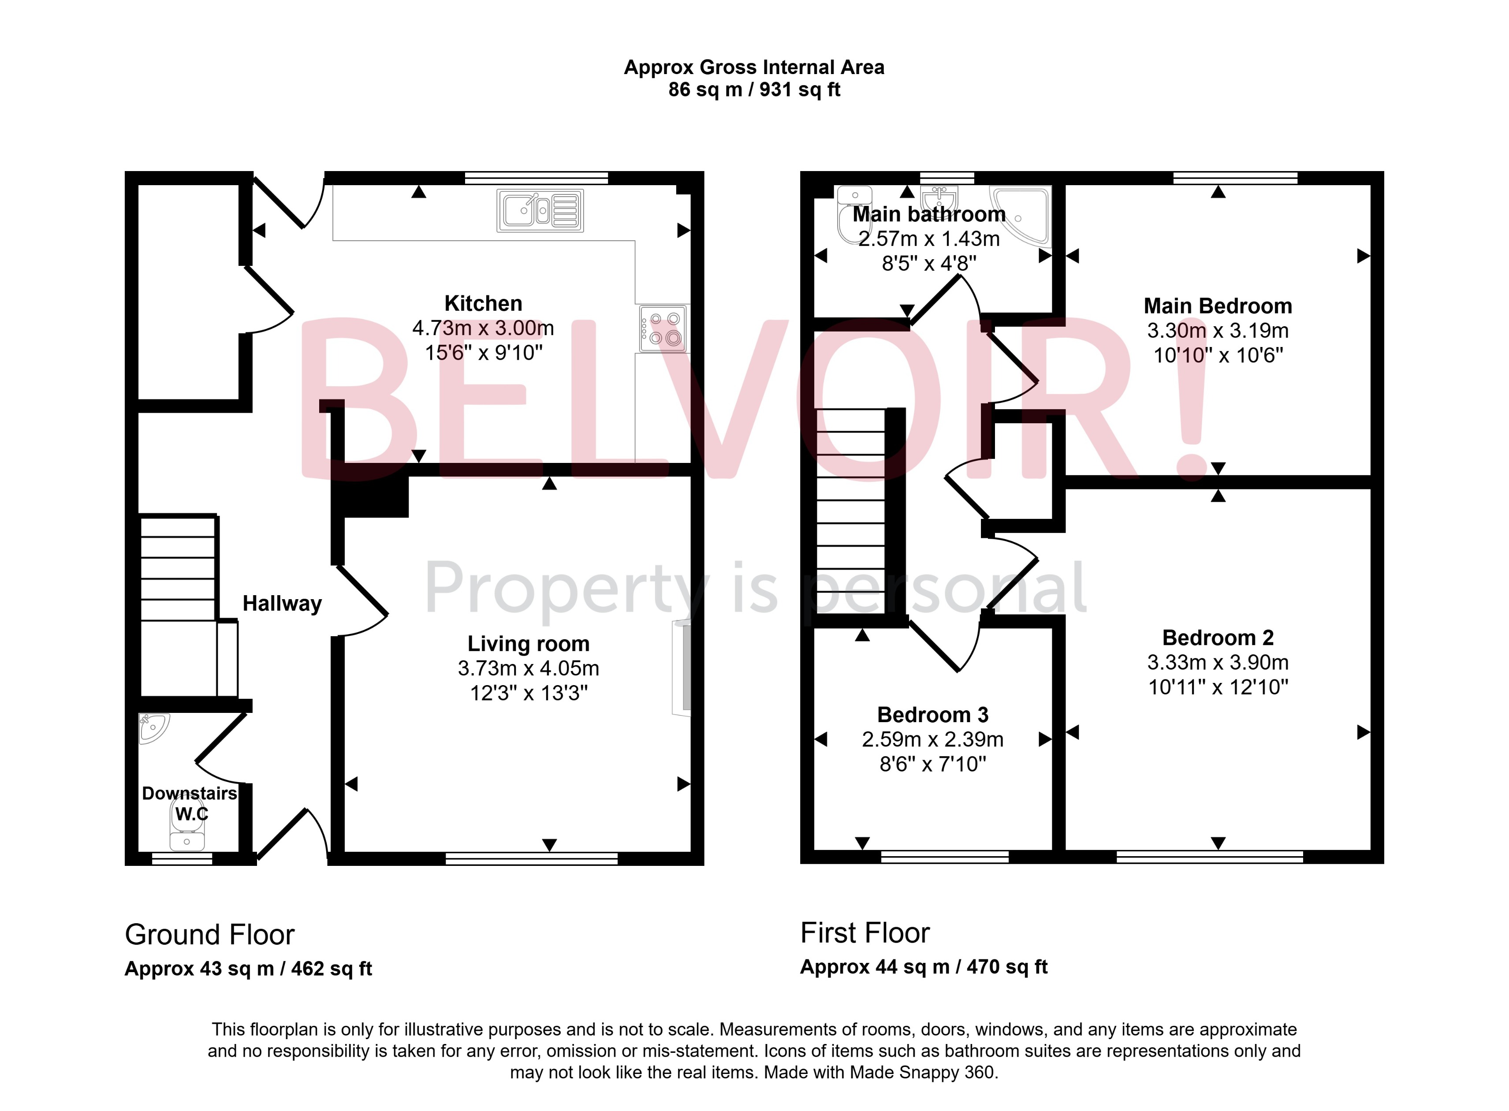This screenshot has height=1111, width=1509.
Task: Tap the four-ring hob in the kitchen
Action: coord(663,329)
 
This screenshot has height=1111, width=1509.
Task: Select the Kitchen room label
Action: coord(483,303)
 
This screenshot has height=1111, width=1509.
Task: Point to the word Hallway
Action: coord(282,603)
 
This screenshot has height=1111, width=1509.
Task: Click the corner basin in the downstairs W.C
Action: coord(153,728)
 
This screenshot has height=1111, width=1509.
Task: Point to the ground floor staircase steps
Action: coord(178,568)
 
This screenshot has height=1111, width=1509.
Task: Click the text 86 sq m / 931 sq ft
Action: coord(754,89)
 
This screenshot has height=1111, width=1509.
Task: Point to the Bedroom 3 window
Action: coord(944,856)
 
